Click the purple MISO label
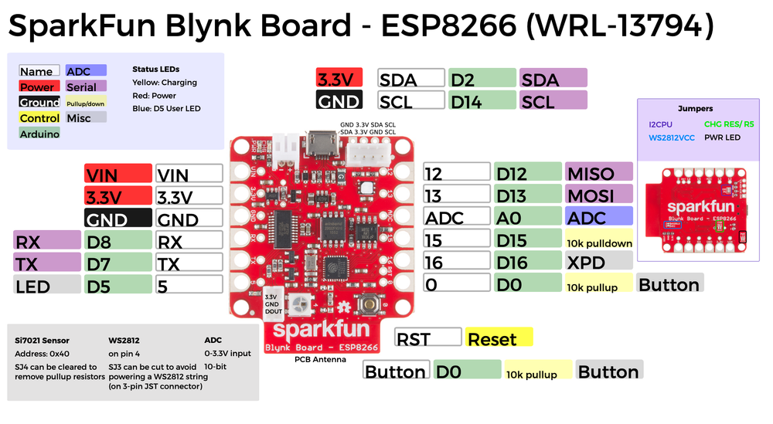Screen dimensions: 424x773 pos(599,174)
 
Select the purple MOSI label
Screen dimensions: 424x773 pos(599,195)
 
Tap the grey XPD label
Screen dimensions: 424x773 pos(599,263)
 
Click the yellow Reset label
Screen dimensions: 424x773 pos(499,338)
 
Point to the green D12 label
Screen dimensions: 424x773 pos(528,174)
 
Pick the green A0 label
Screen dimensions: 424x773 pos(528,218)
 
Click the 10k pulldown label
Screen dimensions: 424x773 pos(599,241)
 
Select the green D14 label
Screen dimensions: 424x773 pos(482,100)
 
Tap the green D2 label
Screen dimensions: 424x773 pos(482,79)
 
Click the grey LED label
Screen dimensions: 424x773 pos(46,286)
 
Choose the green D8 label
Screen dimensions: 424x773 pos(118,242)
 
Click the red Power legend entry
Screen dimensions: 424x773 pos(39,87)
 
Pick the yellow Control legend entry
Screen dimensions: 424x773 pos(39,118)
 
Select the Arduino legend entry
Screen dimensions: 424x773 pos(39,134)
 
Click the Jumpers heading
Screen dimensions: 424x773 pos(695,109)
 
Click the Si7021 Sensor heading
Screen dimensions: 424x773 pos(42,340)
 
